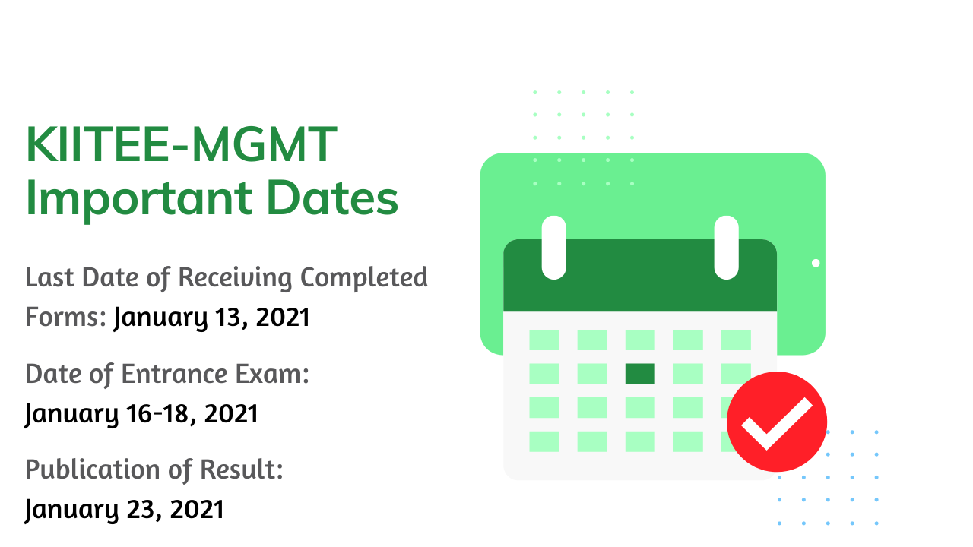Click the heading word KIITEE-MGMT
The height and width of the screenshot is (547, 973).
click(x=181, y=144)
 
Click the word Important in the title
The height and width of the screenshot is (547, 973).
click(x=139, y=199)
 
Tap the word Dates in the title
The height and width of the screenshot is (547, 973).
click(x=332, y=198)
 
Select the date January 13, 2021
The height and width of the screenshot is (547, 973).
click(x=211, y=318)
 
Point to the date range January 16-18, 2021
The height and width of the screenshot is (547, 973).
click(x=141, y=413)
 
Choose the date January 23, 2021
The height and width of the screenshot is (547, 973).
click(x=124, y=509)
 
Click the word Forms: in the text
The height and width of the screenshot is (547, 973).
click(x=65, y=317)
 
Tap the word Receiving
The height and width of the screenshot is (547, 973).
click(x=235, y=278)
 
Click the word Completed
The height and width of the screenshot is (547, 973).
click(x=364, y=278)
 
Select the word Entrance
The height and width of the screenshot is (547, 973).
click(x=175, y=374)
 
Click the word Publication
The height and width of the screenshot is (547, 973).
click(x=93, y=470)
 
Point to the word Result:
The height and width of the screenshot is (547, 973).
click(x=242, y=470)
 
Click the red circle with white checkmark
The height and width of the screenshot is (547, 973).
click(x=777, y=422)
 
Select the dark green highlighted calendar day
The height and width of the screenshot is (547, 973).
click(x=640, y=374)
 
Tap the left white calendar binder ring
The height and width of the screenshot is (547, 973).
click(x=554, y=248)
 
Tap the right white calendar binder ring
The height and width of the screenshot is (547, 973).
click(x=726, y=248)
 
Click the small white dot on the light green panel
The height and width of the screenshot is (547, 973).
click(x=816, y=263)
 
